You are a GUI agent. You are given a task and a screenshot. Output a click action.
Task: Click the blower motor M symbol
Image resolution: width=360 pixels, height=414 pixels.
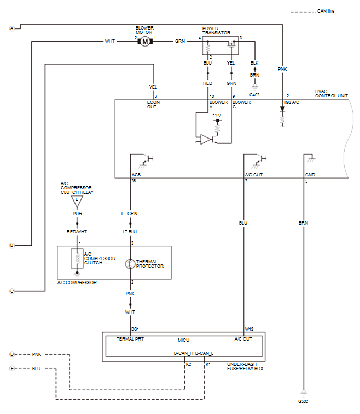(145, 42)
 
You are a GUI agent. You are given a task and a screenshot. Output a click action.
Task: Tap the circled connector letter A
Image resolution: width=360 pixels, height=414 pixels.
(12, 28)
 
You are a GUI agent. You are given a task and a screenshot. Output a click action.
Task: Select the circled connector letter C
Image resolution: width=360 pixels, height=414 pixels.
(12, 291)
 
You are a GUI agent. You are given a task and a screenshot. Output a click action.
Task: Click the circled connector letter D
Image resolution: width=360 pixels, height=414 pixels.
(12, 354)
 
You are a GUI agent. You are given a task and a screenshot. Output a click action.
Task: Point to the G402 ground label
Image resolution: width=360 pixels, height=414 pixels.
(254, 95)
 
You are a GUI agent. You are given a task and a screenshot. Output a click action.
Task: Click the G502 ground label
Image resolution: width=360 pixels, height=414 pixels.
(303, 401)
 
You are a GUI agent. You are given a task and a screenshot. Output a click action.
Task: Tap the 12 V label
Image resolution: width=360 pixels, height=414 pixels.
(217, 116)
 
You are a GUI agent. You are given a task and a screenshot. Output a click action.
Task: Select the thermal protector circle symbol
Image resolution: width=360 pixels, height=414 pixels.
(130, 264)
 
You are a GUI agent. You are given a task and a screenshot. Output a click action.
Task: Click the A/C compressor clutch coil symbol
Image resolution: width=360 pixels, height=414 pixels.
(77, 258)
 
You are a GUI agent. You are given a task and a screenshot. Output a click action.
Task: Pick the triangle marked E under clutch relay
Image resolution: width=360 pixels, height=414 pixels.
(77, 201)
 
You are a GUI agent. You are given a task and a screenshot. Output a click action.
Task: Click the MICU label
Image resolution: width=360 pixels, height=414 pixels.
(184, 340)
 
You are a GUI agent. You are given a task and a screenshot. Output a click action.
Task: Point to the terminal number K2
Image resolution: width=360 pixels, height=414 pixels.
(188, 364)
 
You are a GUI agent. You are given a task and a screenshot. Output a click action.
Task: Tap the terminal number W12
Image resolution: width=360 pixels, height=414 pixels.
(249, 329)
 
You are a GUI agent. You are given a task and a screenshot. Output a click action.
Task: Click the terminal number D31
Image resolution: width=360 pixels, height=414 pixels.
(135, 329)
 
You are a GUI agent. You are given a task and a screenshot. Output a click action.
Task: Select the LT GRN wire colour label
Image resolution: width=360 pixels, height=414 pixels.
(129, 214)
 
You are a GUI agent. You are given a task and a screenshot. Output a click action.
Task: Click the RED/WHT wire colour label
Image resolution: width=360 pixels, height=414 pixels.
(77, 232)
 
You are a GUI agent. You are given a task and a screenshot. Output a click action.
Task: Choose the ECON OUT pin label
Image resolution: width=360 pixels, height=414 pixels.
(153, 105)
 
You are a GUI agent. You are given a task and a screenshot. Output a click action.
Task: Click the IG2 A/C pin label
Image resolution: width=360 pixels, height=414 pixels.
(292, 102)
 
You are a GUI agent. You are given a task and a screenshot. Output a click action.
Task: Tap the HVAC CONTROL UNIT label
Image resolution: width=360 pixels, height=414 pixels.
(332, 94)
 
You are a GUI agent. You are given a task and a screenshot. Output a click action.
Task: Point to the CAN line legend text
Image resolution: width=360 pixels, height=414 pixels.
(326, 11)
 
